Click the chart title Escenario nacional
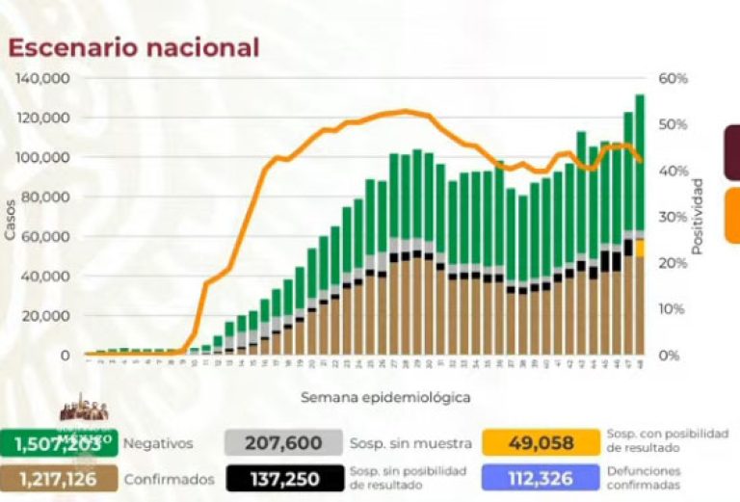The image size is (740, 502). tap(134, 48)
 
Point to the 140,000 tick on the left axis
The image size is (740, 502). tap(45, 78)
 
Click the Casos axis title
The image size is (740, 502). tap(10, 218)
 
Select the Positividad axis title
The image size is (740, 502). tap(697, 216)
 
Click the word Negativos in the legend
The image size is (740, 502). tap(163, 443)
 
